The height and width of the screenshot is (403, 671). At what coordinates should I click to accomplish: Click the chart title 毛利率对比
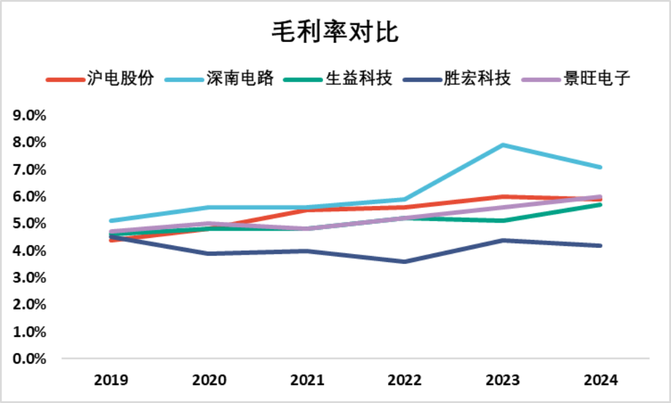coord(335,31)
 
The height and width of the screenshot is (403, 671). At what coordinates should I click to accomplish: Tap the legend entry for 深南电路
coord(221,78)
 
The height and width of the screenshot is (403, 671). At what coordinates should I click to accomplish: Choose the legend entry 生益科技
coord(341,78)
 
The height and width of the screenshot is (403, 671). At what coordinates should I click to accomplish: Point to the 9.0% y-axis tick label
coord(29,116)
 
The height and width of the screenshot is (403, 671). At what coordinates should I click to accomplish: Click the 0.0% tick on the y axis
coord(29,359)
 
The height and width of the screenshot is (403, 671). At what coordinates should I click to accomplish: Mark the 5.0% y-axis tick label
coord(29,223)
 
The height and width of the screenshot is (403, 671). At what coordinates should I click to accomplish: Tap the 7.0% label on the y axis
coord(29,170)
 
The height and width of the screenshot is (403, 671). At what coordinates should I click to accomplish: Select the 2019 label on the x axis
coord(111,381)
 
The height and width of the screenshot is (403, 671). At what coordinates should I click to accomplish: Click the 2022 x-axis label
coord(404,381)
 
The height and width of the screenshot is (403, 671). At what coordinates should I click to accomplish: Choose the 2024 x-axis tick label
coord(600,381)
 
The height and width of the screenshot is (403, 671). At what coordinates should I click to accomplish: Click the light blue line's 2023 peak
coord(502,145)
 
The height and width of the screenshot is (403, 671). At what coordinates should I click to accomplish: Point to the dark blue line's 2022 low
coord(404,261)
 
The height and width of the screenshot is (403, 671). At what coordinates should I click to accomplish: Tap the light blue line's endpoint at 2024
coord(600,167)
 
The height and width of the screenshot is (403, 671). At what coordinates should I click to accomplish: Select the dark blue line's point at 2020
coord(209,253)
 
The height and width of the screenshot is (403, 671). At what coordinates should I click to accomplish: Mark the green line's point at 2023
coord(502,221)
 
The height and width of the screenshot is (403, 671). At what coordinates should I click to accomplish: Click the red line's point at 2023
coord(502,196)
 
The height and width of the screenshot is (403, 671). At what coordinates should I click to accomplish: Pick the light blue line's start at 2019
coord(111,221)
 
